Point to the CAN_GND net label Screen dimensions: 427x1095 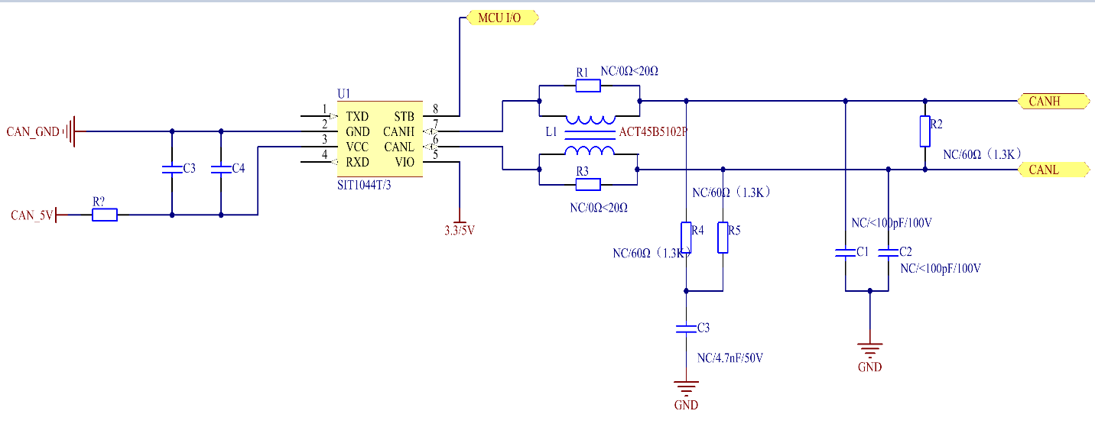click(32, 131)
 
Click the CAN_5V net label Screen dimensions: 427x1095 click(32, 215)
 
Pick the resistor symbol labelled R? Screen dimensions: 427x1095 click(105, 215)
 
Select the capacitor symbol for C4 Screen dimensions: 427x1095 click(220, 170)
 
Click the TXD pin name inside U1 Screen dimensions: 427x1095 click(357, 117)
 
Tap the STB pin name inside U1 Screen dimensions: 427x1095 click(405, 117)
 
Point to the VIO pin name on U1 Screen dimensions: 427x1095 click(405, 162)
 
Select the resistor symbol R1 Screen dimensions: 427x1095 click(588, 86)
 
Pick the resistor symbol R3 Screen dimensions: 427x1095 click(588, 184)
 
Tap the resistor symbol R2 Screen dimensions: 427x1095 click(925, 131)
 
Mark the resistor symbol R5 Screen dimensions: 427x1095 click(723, 238)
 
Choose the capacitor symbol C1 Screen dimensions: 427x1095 click(846, 253)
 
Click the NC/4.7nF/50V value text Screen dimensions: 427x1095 click(731, 357)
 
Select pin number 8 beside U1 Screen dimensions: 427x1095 click(435, 108)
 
